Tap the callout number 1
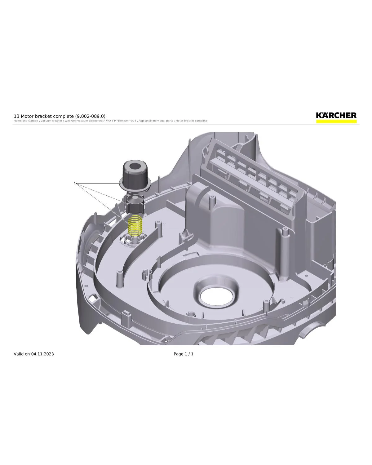(x=75, y=183)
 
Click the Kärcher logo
(x=336, y=115)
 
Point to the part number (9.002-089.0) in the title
(x=90, y=116)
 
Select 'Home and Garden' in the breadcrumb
(x=26, y=121)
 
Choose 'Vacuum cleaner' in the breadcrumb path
(x=51, y=121)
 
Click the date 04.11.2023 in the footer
(x=42, y=354)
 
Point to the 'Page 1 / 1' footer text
(x=184, y=354)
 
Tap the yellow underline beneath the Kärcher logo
(x=336, y=122)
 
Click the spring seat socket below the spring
(x=134, y=240)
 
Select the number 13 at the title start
(x=16, y=116)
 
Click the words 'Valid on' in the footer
(x=22, y=354)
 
